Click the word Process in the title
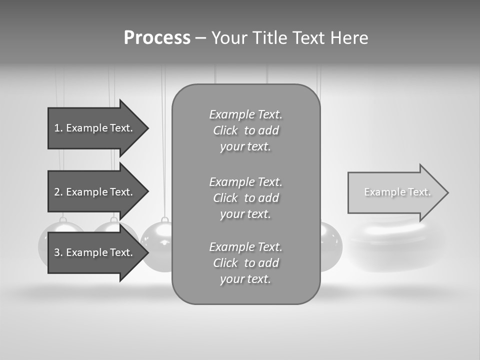(x=157, y=38)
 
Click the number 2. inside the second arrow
(x=58, y=192)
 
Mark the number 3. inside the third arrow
(x=58, y=252)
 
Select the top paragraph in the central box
(x=245, y=130)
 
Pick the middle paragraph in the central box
(x=245, y=198)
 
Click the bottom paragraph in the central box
(x=245, y=263)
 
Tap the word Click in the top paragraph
(x=225, y=130)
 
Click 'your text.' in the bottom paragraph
(x=245, y=279)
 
